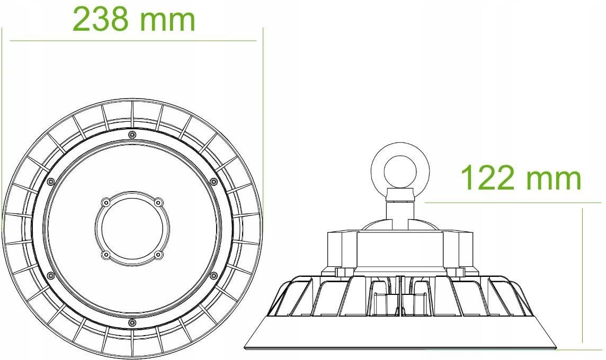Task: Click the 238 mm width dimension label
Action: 133,19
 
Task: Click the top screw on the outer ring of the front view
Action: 131,134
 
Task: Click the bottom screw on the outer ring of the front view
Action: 131,322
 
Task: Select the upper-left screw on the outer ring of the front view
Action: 50,182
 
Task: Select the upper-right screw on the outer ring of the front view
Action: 213,182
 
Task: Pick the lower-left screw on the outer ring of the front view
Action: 50,275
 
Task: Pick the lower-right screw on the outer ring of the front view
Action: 213,275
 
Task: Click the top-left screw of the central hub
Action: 106,202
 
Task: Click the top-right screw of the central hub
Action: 157,202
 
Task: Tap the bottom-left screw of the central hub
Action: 106,255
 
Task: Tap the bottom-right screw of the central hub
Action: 157,255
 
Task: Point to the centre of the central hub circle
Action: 132,229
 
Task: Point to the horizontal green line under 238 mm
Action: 132,40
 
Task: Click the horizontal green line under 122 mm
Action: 513,202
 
